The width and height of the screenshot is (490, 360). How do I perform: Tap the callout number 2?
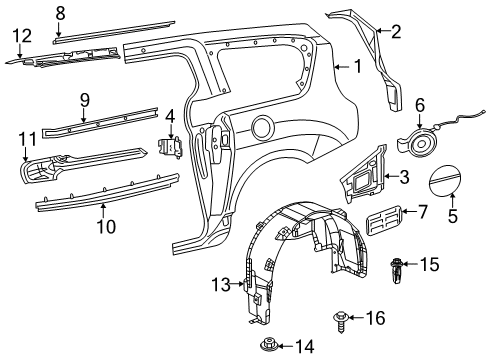pos(395,32)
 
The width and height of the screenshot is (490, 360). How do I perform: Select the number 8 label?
pos(60,12)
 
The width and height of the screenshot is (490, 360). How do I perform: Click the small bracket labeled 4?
pos(171,147)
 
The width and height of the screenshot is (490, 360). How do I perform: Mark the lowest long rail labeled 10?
pos(100,189)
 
